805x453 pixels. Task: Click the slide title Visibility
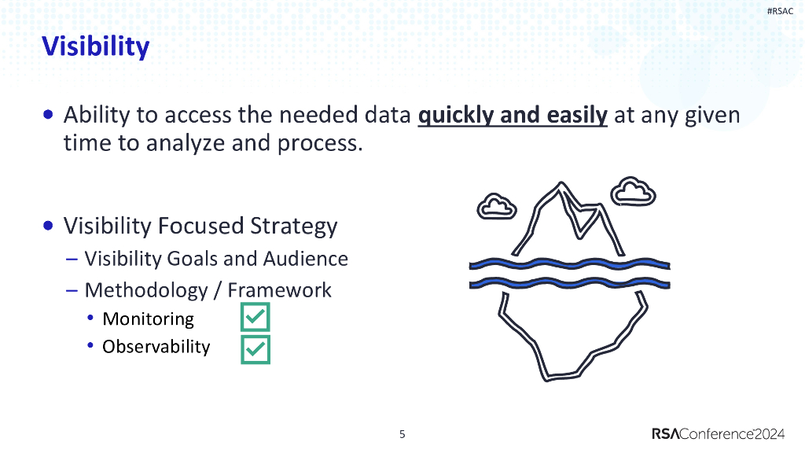pyautogui.click(x=95, y=46)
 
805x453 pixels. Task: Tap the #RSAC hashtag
pyautogui.click(x=780, y=11)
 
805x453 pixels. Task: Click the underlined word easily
pyautogui.click(x=577, y=115)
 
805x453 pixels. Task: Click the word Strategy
pyautogui.click(x=294, y=226)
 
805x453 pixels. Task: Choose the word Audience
pyautogui.click(x=306, y=258)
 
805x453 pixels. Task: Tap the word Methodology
pyautogui.click(x=146, y=291)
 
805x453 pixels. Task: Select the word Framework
pyautogui.click(x=279, y=290)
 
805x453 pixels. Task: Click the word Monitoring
pyautogui.click(x=148, y=319)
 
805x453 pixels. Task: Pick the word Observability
pyautogui.click(x=156, y=347)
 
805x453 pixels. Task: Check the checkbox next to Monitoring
pyautogui.click(x=255, y=317)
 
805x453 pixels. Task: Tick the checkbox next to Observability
pyautogui.click(x=255, y=349)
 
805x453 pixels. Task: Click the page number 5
pyautogui.click(x=402, y=434)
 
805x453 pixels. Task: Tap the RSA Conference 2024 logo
pyautogui.click(x=719, y=434)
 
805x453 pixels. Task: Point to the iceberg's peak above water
pyautogui.click(x=561, y=184)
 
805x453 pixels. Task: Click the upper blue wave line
pyautogui.click(x=569, y=265)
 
